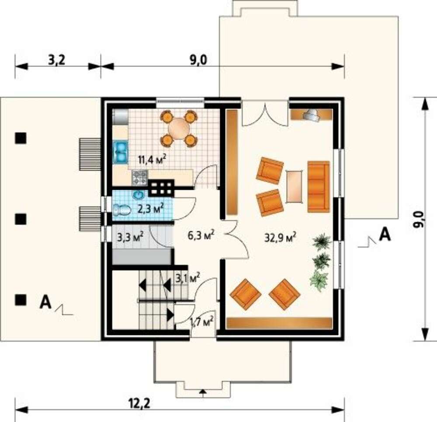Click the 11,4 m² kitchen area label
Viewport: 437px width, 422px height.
153,160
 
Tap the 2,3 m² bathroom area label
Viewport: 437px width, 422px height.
151,208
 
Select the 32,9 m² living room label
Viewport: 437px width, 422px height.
280,238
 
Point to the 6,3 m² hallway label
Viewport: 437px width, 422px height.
201,235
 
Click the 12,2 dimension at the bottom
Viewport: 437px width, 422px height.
139,403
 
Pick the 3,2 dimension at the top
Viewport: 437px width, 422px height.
56,60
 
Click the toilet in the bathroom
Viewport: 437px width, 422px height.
122,210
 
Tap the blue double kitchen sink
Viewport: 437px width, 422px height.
121,152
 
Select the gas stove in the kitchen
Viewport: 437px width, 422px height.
140,178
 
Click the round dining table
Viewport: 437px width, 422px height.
179,129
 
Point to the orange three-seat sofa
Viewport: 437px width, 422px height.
319,187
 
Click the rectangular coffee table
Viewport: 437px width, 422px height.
294,186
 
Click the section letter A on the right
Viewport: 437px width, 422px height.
385,234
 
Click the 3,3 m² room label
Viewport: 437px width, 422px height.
130,237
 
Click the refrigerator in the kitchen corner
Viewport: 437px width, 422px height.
120,117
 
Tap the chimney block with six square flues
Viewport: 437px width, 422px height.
161,188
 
